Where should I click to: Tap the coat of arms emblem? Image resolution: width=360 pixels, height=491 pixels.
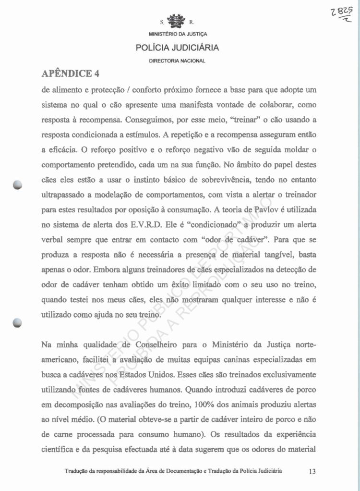coord(178,22)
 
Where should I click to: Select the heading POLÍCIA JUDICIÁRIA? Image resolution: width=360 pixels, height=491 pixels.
coord(177,48)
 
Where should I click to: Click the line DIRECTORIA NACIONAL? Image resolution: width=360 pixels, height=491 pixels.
coord(177,61)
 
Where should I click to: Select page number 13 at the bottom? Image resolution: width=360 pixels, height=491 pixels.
coord(312,471)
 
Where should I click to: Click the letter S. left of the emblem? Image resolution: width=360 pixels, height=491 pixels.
coord(162,22)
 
